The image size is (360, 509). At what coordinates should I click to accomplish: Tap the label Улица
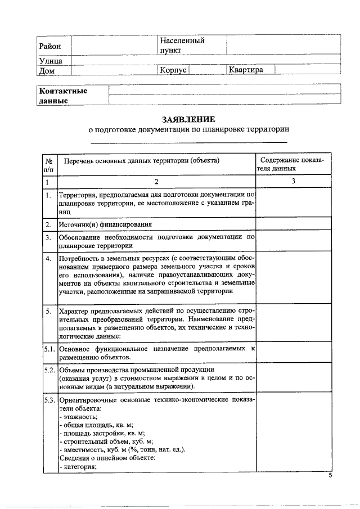click(x=50, y=61)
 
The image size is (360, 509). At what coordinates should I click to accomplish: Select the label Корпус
click(x=173, y=70)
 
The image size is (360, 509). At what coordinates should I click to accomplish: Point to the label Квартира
click(x=245, y=70)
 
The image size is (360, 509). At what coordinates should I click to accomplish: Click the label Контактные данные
click(x=62, y=96)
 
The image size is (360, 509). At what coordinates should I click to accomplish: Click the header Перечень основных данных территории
click(x=141, y=160)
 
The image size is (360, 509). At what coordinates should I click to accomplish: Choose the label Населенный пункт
click(x=182, y=45)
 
